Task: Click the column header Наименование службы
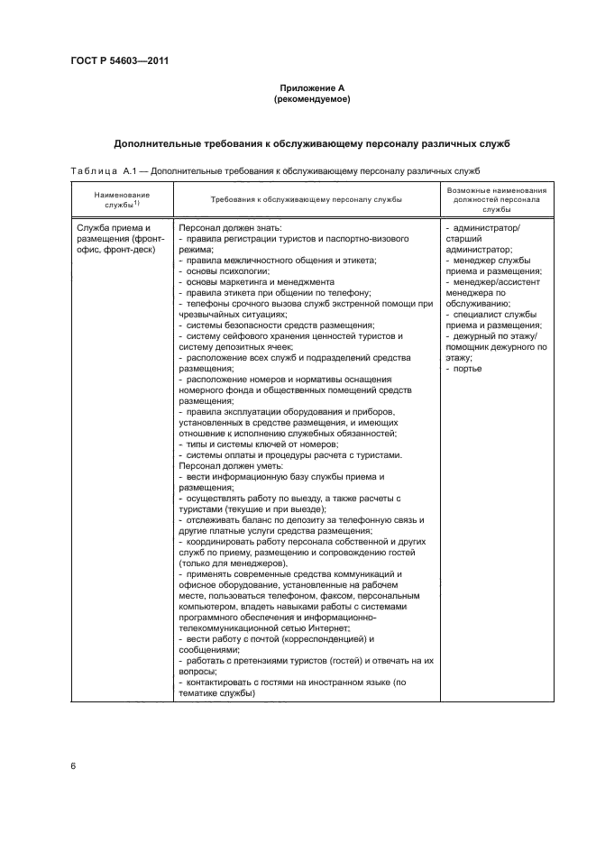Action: point(121,199)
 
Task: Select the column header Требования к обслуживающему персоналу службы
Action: point(306,199)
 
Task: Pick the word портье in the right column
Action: point(469,369)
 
